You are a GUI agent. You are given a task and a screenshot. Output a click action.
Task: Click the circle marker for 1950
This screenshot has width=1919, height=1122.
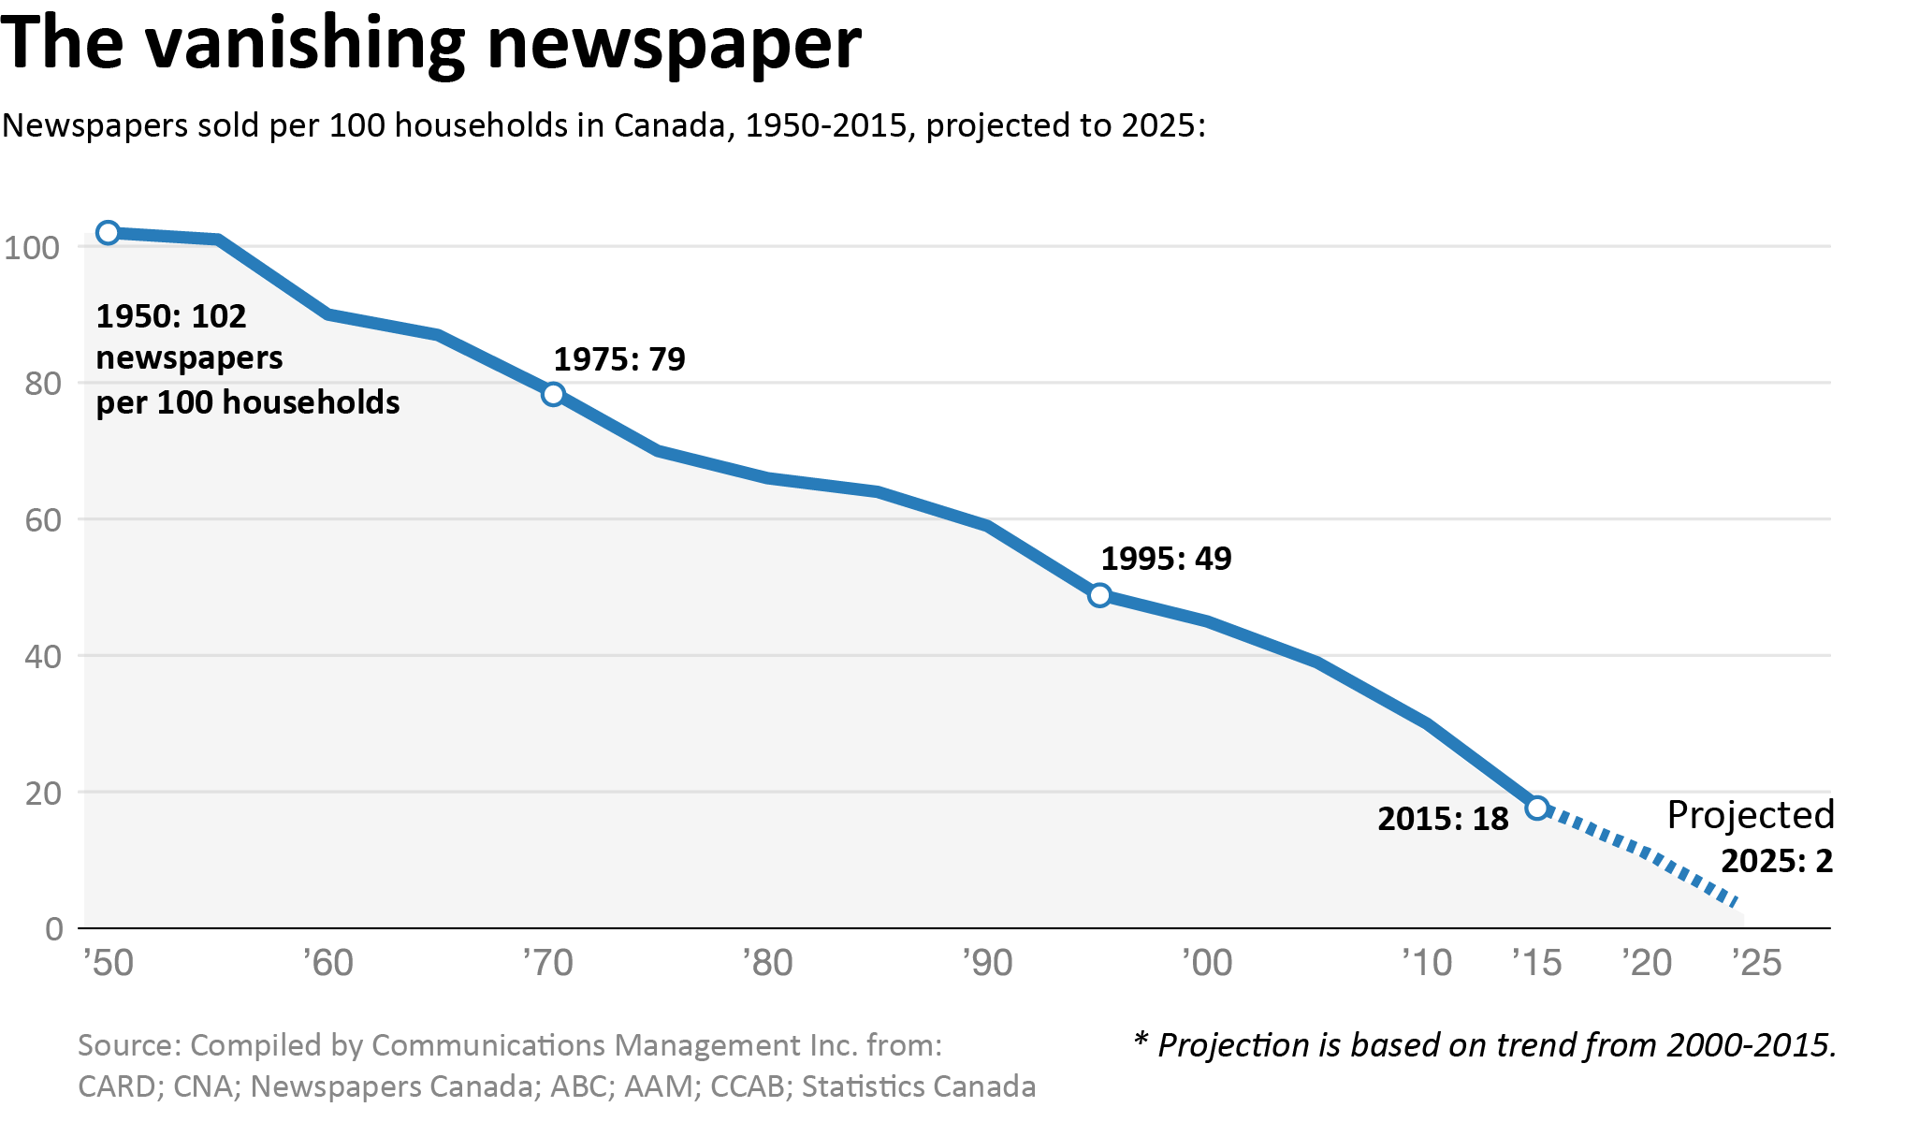(109, 233)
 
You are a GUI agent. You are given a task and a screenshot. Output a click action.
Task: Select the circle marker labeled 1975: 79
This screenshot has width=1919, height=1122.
(553, 394)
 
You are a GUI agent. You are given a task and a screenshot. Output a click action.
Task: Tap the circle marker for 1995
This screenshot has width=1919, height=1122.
(1099, 595)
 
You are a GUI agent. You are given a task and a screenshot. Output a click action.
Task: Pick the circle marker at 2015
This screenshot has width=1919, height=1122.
(1536, 808)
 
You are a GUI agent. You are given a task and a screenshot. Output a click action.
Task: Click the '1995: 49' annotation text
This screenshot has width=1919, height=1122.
(1166, 559)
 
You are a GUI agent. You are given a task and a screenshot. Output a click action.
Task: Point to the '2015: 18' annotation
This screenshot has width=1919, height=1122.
(1443, 819)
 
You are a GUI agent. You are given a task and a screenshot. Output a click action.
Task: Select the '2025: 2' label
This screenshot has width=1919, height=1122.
(1776, 861)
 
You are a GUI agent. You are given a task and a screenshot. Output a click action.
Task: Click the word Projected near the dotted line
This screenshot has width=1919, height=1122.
(1750, 815)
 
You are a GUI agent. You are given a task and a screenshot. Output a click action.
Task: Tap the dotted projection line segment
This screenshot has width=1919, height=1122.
(1647, 853)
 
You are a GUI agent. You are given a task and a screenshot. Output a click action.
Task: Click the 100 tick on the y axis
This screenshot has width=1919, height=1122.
(32, 248)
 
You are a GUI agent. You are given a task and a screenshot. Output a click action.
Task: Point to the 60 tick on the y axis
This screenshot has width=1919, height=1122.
(43, 520)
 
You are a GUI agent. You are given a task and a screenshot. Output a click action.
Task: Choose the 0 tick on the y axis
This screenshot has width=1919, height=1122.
(54, 929)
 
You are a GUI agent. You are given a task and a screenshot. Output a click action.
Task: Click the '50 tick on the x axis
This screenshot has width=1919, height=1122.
(109, 963)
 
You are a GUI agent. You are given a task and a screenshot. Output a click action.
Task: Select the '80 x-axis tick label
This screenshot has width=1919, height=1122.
(767, 963)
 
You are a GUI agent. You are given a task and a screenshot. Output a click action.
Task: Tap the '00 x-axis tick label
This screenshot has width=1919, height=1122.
(1207, 963)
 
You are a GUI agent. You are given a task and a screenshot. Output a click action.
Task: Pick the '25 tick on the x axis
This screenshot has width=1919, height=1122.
(1756, 963)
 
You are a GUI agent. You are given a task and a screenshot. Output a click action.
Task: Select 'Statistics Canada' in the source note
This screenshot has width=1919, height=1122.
(918, 1086)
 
